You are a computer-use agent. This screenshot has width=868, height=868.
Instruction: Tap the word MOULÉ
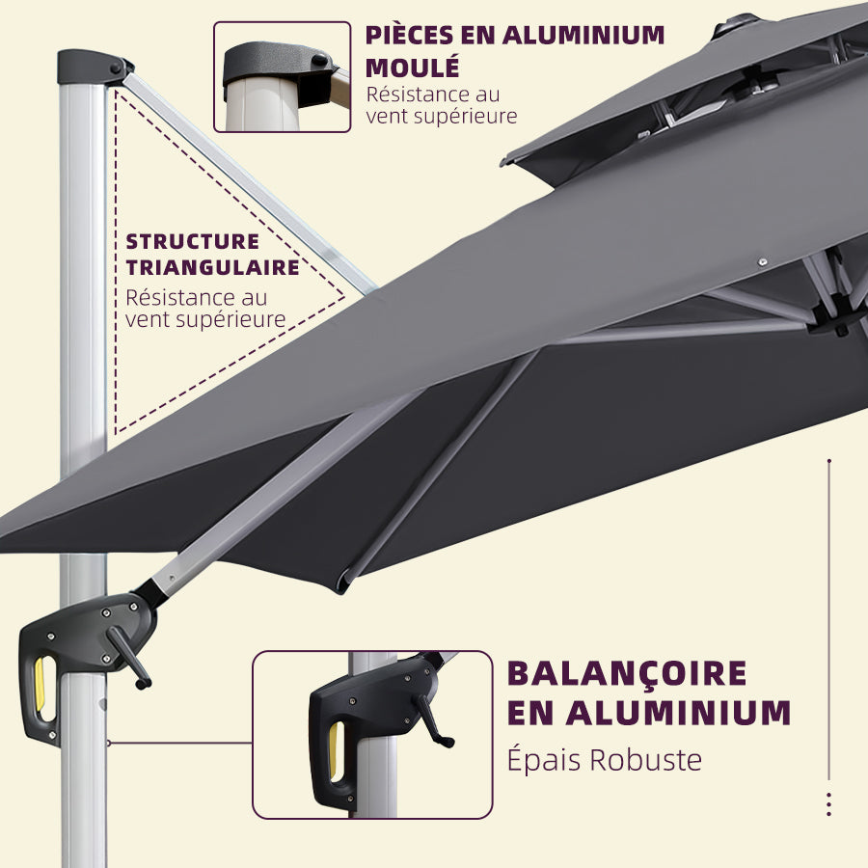412,68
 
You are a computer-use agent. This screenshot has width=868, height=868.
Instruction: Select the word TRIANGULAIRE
212,267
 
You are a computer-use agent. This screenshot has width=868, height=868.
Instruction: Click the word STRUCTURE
193,241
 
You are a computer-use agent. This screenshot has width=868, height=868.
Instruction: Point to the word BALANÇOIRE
627,672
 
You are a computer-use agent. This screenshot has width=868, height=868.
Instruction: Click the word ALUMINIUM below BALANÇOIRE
679,714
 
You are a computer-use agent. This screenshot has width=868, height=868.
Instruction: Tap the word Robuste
645,760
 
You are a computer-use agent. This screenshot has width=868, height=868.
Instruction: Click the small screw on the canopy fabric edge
761,261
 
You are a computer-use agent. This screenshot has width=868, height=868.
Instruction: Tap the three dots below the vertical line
828,804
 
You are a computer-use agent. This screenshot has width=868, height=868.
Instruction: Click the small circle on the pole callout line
109,743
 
